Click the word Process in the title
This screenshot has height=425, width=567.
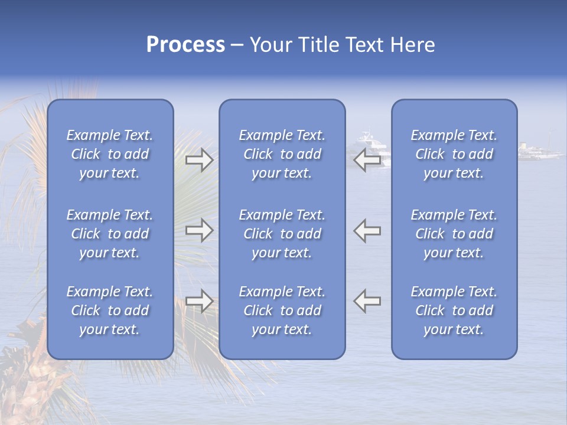point(185,45)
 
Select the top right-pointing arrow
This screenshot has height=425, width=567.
point(199,160)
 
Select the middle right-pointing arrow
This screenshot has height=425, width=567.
point(199,230)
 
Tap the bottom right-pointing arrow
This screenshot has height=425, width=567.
point(199,301)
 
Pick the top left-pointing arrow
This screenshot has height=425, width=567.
point(367,160)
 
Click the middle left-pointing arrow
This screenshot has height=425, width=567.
point(367,230)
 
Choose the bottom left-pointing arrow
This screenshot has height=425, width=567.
point(367,301)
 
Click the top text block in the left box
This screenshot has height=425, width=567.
point(110,154)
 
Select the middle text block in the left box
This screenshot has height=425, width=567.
point(110,234)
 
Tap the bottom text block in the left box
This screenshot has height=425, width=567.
point(110,310)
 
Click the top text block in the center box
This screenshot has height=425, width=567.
point(282,154)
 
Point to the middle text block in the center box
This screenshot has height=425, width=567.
point(282,234)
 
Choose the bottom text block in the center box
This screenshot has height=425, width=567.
point(282,310)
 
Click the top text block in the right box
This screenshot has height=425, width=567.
point(454,154)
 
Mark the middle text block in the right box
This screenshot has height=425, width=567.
point(454,234)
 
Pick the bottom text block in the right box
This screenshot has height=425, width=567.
point(454,310)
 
